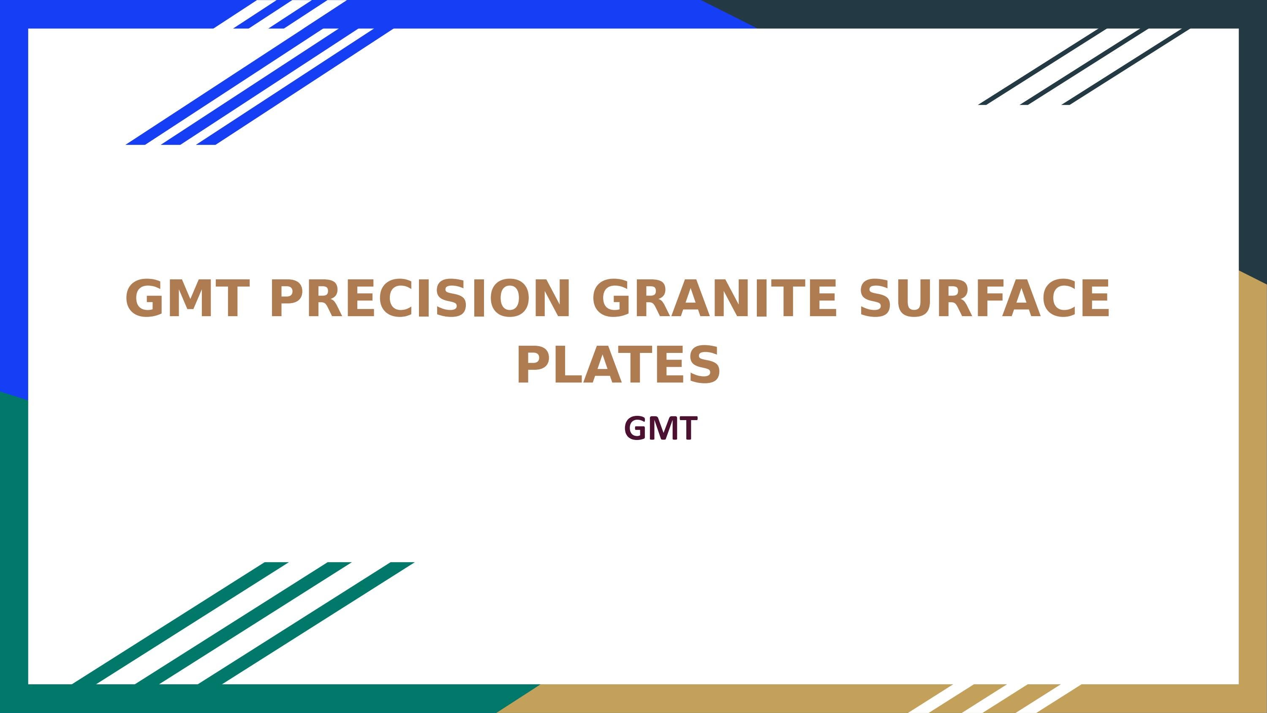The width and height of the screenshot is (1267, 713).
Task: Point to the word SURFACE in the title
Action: (x=984, y=299)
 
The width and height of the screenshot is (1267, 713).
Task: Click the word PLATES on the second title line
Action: (x=618, y=365)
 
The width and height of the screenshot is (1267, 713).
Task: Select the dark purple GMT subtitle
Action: (x=661, y=429)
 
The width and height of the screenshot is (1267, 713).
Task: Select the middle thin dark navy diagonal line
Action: (x=1079, y=66)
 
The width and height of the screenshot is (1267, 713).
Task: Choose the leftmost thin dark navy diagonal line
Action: (x=1038, y=66)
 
